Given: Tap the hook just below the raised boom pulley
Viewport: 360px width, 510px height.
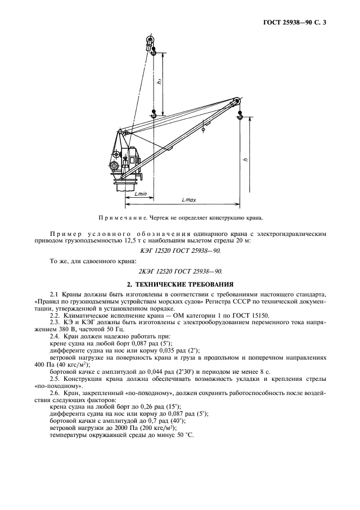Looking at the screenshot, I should (154, 53).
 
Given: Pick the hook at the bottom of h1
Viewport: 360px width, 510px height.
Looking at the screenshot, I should (154, 115).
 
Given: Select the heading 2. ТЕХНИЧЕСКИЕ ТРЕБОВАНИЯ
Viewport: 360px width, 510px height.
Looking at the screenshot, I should (180, 284).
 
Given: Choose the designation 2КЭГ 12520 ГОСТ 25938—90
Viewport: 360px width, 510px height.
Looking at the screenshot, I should (180, 270).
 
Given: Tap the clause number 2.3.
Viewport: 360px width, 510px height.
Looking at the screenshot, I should (55, 324).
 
